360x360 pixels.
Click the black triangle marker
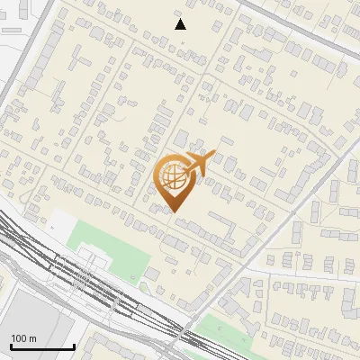[x=181, y=24]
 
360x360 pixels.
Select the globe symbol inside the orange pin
[x=172, y=177]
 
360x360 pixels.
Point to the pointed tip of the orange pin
[x=174, y=211]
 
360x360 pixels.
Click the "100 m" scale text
[x=24, y=338]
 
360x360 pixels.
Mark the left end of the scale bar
[x=11, y=346]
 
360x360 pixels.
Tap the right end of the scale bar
[x=74, y=346]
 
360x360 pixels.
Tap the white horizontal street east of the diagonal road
[x=306, y=274]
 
